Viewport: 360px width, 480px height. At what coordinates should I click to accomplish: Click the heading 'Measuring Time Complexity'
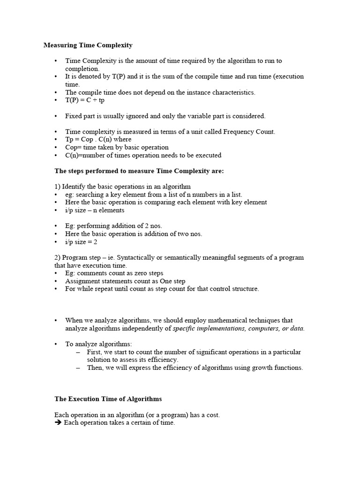(88, 45)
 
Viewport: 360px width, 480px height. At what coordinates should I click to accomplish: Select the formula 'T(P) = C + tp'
(85, 100)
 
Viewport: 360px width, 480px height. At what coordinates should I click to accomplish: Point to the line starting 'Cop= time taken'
(117, 147)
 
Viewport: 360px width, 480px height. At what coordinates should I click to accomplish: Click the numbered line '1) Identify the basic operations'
(122, 187)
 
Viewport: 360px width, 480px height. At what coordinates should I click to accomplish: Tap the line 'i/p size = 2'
(81, 242)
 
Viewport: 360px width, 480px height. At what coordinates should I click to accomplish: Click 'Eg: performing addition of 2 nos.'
(113, 226)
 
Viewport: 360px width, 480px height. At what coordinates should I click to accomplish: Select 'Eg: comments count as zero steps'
(114, 273)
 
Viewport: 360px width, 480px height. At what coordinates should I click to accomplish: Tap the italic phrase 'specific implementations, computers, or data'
(238, 329)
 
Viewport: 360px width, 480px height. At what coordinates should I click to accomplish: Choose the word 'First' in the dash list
(95, 352)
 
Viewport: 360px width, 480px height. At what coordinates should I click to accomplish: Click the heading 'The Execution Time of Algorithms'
(108, 399)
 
